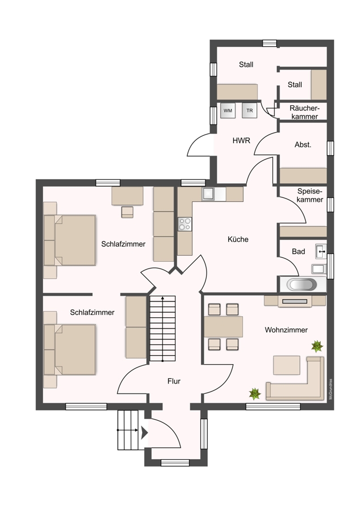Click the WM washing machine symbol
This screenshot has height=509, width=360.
pyautogui.click(x=228, y=111)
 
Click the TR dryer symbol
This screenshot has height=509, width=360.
pyautogui.click(x=249, y=111)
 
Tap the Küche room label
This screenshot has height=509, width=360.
pyautogui.click(x=238, y=239)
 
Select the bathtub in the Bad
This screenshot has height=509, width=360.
pyautogui.click(x=302, y=284)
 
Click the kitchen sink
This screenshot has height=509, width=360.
pyautogui.click(x=208, y=194)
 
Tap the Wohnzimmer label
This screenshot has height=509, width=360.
pyautogui.click(x=286, y=330)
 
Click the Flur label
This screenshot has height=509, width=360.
pyautogui.click(x=174, y=381)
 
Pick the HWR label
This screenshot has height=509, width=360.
pyautogui.click(x=241, y=141)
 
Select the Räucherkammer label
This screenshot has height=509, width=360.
pyautogui.click(x=305, y=112)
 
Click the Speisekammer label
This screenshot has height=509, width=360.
pyautogui.click(x=310, y=195)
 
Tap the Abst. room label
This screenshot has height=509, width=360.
pyautogui.click(x=303, y=145)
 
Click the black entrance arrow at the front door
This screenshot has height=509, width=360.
pyautogui.click(x=144, y=433)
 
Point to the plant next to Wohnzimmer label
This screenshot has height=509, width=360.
pyautogui.click(x=317, y=346)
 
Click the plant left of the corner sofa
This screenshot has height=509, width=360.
pyautogui.click(x=255, y=394)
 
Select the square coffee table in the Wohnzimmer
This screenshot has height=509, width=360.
pyautogui.click(x=286, y=365)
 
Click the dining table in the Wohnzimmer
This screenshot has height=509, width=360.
pyautogui.click(x=223, y=326)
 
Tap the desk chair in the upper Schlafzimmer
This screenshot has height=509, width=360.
pyautogui.click(x=127, y=212)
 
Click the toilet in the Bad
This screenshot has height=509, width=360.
pyautogui.click(x=318, y=269)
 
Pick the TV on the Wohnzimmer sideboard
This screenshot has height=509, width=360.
pyautogui.click(x=295, y=301)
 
